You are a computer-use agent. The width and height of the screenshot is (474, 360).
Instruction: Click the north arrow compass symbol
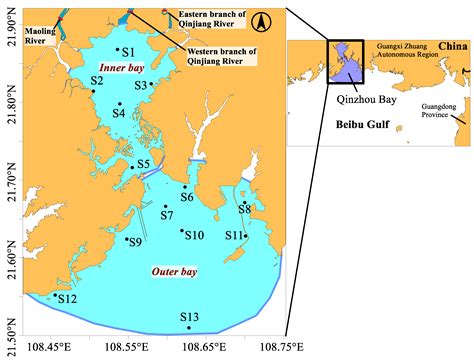tap(257, 21)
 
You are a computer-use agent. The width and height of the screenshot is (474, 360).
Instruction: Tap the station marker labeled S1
tap(118, 49)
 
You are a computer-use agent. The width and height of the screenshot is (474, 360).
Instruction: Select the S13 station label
tap(189, 317)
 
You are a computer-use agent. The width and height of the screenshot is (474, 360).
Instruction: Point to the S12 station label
tap(67, 298)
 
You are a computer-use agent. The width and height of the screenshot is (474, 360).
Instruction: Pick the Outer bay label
tap(174, 272)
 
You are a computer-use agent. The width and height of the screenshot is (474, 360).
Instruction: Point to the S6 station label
tap(187, 198)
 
